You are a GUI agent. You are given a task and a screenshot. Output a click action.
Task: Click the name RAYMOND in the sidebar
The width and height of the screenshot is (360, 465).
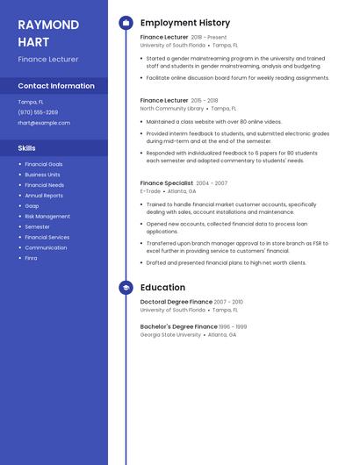48,25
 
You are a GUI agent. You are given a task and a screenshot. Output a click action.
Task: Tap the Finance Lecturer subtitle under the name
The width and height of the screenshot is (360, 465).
48,59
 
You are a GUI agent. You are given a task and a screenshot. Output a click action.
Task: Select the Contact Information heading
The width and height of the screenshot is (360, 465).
56,86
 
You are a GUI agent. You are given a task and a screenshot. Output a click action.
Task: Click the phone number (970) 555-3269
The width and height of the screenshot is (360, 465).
38,112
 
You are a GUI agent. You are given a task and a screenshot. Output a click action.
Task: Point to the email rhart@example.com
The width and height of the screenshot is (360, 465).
44,123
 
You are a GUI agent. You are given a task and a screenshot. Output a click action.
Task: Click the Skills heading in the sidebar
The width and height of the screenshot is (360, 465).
27,148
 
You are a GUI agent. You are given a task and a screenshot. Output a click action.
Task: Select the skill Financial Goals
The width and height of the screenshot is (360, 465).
44,164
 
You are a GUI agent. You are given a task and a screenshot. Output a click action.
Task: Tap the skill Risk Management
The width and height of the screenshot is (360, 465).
47,216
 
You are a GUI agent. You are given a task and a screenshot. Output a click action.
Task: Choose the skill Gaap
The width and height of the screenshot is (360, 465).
32,206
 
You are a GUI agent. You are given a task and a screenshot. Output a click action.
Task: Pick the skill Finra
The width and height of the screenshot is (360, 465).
31,258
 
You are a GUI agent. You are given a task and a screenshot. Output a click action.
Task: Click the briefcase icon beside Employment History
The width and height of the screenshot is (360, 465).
126,23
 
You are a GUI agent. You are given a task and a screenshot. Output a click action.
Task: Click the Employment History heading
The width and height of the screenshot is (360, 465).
185,23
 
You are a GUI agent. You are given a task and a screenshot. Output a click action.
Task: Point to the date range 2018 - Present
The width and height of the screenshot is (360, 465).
208,38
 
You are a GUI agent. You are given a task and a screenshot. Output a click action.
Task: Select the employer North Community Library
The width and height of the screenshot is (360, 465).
172,108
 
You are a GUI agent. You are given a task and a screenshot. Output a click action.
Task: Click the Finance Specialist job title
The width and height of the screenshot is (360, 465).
167,183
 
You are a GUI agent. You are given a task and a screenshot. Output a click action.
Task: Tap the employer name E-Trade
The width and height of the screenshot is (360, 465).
150,190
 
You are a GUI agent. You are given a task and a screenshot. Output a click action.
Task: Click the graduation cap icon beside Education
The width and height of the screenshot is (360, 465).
126,287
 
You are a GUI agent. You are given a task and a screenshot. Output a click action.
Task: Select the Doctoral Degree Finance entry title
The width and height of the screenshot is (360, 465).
176,302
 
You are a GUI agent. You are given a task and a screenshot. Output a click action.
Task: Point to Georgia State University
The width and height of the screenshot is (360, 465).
170,334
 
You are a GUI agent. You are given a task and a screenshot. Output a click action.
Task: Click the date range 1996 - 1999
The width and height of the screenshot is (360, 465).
233,326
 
